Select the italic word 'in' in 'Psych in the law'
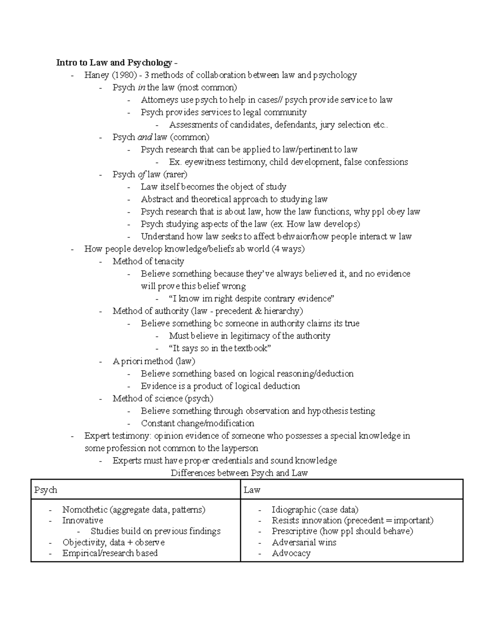[x=141, y=88]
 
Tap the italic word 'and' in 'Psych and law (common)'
[x=144, y=137]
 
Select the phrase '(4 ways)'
[x=288, y=249]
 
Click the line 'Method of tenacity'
[x=148, y=262]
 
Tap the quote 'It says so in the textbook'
[x=220, y=348]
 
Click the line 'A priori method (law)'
[x=154, y=361]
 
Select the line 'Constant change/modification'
[x=197, y=423]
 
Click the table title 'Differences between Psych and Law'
[x=239, y=473]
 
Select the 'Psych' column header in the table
[x=46, y=490]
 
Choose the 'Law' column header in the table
[x=252, y=490]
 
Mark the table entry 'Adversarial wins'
[x=304, y=543]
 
